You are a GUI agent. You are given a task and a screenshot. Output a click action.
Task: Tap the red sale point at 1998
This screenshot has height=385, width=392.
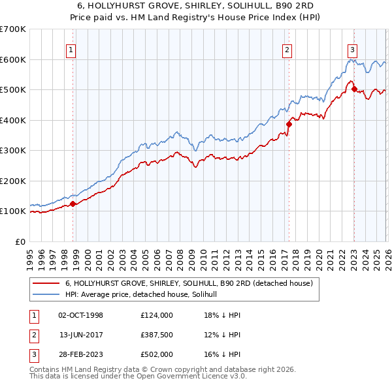tap(73, 204)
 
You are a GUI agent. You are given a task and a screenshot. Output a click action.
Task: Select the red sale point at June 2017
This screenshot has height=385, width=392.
tap(289, 124)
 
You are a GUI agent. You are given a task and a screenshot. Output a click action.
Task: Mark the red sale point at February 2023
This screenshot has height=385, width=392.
tap(354, 89)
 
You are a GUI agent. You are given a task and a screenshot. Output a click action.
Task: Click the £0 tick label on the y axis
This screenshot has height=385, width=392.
tap(20, 241)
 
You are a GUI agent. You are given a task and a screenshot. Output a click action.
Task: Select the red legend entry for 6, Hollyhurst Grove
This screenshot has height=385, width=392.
tap(189, 284)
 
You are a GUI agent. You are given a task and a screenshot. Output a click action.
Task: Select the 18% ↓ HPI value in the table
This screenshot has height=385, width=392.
tap(222, 315)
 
